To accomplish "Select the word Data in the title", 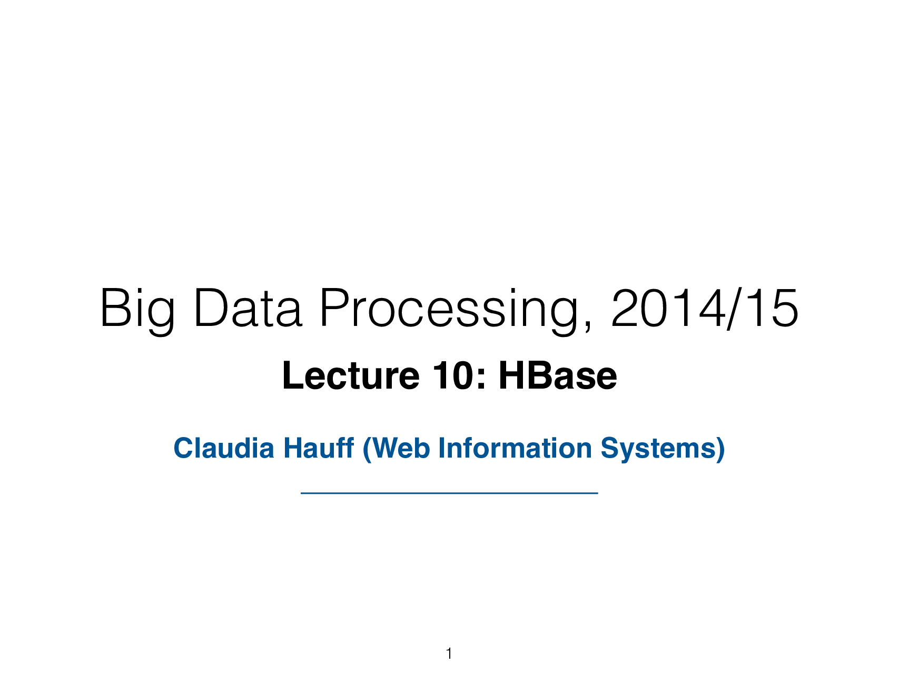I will pos(248,309).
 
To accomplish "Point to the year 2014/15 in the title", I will pos(705,309).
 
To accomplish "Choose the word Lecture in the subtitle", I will pos(351,376).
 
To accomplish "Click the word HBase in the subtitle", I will pos(558,376).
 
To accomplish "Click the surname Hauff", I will pos(318,448).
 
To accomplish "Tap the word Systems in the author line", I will pos(657,449).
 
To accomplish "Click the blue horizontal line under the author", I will pos(449,493).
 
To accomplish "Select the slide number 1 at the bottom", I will pos(449,654).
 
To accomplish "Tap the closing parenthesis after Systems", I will pos(720,449).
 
